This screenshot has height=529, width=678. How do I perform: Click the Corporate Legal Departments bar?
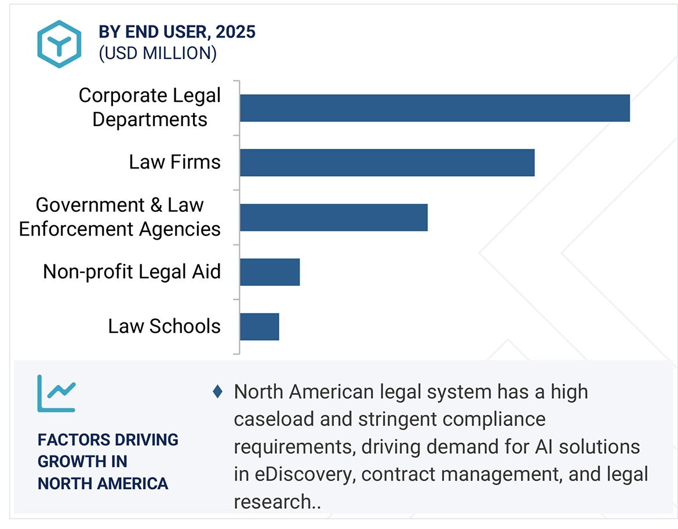[x=435, y=108]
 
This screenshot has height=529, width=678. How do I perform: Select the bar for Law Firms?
[x=387, y=162]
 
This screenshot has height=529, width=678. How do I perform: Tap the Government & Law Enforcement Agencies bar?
[x=334, y=217]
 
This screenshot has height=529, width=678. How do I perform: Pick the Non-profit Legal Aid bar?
[x=270, y=271]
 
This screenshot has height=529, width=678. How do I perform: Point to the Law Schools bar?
[x=260, y=326]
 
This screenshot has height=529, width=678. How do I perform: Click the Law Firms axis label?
[x=174, y=162]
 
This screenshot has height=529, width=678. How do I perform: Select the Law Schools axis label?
[x=164, y=326]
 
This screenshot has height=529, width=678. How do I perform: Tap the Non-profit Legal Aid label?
[x=132, y=271]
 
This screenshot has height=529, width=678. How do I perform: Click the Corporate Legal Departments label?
[x=150, y=108]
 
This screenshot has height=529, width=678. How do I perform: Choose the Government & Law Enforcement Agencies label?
[x=119, y=217]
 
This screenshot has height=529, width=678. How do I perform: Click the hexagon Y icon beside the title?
[x=59, y=43]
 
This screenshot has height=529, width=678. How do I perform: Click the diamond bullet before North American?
[x=218, y=392]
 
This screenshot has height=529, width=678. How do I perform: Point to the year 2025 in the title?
[x=236, y=32]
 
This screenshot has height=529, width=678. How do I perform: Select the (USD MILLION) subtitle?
[x=158, y=53]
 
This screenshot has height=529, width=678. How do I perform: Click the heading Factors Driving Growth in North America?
[x=108, y=461]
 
